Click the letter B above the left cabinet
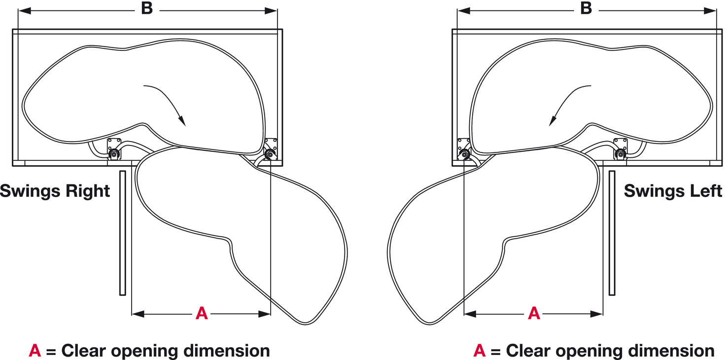(x=147, y=10)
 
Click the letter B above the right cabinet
(x=586, y=10)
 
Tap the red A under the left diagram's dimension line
(x=202, y=313)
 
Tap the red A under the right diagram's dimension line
(x=534, y=313)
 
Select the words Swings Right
(x=55, y=191)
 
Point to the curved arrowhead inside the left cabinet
(x=181, y=120)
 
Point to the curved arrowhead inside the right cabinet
(x=552, y=120)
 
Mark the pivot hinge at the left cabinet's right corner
(x=269, y=155)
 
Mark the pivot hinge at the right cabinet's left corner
(x=464, y=155)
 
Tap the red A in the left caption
(x=35, y=351)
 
